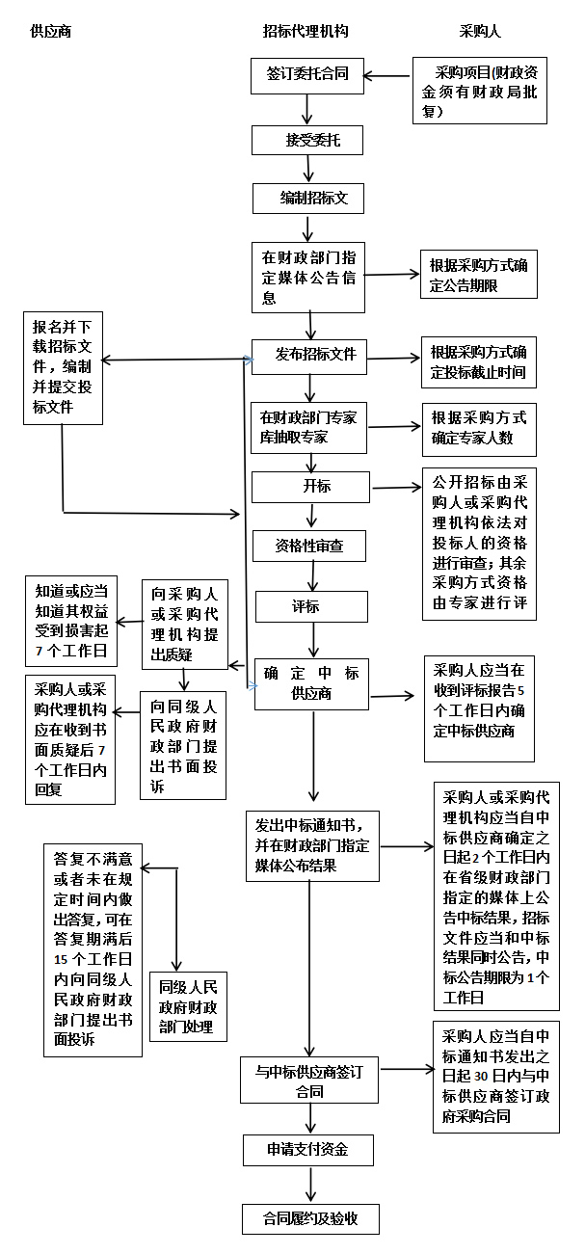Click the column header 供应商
pyautogui.click(x=51, y=32)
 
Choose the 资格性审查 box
pyautogui.click(x=309, y=546)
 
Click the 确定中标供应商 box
pyautogui.click(x=311, y=683)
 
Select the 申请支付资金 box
pyautogui.click(x=307, y=1150)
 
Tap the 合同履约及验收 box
pyautogui.click(x=310, y=1218)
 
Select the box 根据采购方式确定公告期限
pyautogui.click(x=478, y=277)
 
